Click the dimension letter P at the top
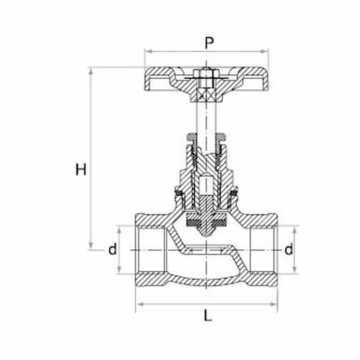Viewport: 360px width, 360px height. [209, 42]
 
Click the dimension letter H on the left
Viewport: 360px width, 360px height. [81, 170]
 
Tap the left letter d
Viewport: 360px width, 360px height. [112, 249]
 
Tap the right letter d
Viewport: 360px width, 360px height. [288, 249]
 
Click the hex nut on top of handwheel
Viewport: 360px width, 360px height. [206, 74]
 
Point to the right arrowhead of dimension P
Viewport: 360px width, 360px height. [264, 51]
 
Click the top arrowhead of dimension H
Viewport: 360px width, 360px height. [91, 72]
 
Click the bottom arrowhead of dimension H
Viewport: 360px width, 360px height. [91, 245]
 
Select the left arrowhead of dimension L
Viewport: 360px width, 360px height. [140, 305]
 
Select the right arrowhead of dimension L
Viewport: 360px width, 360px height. [273, 305]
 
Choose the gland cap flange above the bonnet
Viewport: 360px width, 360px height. [206, 137]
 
